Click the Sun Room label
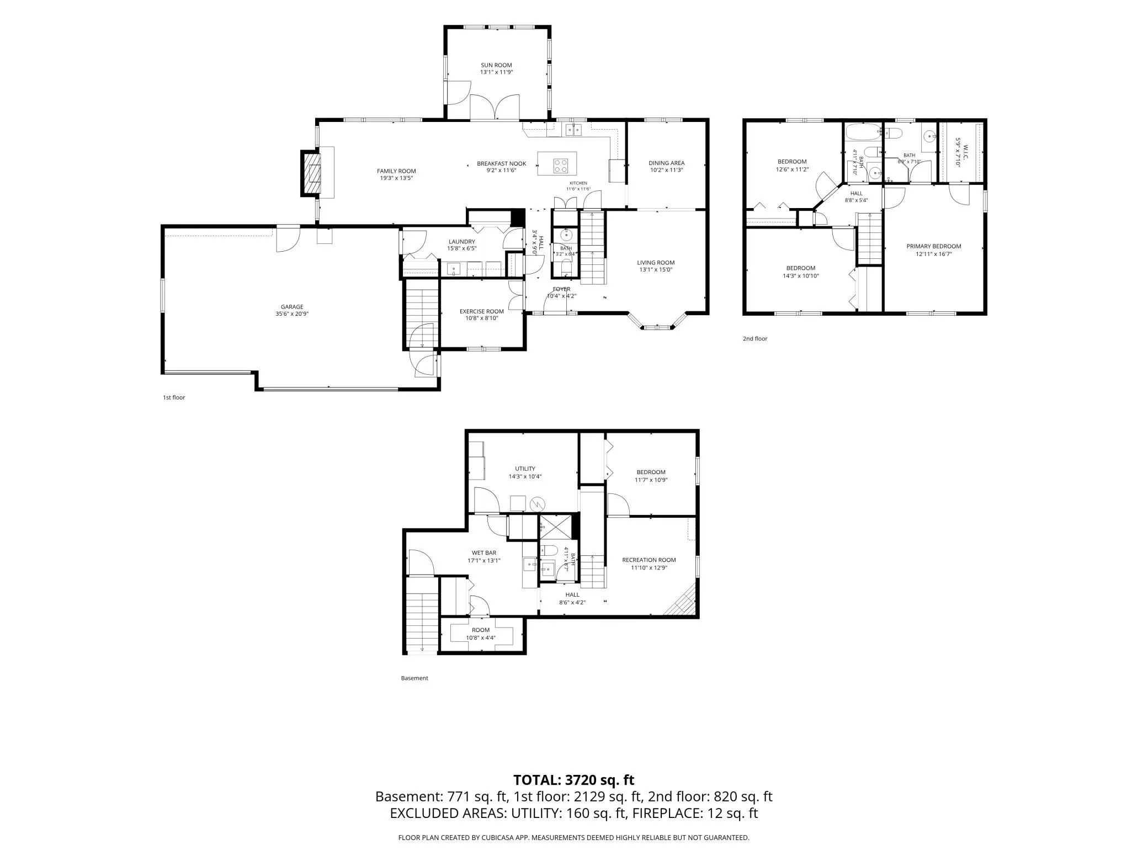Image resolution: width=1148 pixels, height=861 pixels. coord(496,65)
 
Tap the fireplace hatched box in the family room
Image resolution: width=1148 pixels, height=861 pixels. coord(313,173)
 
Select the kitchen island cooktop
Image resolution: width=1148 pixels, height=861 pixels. coord(561,164)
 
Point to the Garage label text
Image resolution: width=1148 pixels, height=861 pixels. coord(292,307)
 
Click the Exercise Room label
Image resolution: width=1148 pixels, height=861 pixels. coord(482,311)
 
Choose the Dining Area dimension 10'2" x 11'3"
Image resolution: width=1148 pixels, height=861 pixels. coord(667,170)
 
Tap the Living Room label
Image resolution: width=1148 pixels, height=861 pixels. coord(656,263)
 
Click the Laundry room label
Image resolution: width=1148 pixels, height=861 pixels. coord(462,242)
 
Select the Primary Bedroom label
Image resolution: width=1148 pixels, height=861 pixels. coord(934,246)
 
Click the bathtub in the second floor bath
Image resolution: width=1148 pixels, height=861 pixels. coord(863,133)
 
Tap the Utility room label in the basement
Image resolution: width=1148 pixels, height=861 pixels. coord(525,469)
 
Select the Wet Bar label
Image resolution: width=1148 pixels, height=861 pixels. coord(484,553)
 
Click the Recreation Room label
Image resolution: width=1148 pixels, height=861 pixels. coord(649,560)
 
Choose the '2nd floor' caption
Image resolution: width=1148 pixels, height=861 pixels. coord(755,339)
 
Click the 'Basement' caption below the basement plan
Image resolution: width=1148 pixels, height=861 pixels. coord(414,678)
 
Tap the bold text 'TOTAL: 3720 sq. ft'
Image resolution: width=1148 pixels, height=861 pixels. coord(574,780)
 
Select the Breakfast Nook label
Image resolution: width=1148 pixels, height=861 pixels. coord(502,163)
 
